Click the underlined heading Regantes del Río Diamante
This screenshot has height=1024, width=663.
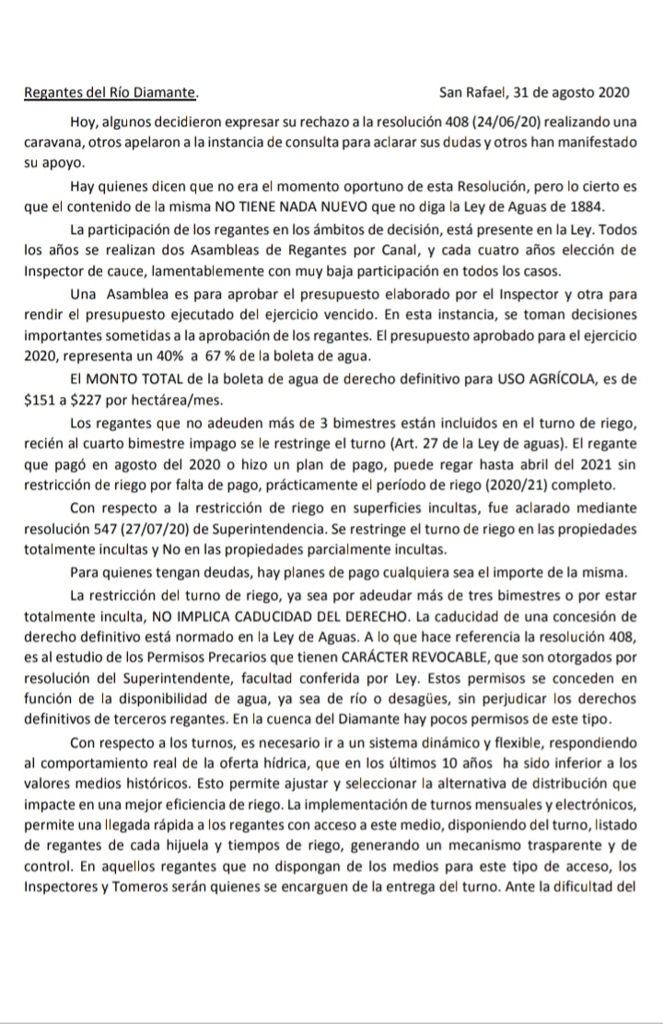click(x=110, y=93)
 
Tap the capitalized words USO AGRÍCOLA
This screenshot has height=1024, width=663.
click(x=566, y=377)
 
